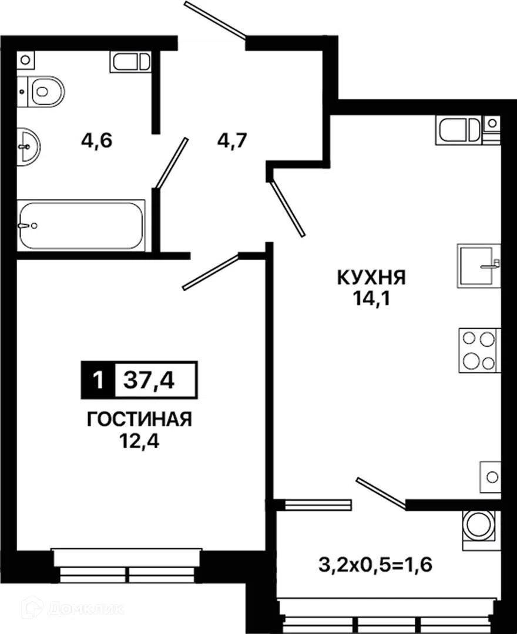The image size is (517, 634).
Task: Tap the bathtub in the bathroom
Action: [81, 225]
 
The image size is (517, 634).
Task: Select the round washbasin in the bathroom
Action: [28, 146]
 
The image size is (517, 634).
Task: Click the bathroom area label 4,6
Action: [97, 141]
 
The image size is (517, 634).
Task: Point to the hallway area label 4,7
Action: [232, 141]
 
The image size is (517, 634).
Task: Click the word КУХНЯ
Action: [371, 278]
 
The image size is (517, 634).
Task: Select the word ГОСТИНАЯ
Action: [140, 420]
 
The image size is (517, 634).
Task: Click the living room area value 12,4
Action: [140, 441]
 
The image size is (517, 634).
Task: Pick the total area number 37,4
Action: [149, 380]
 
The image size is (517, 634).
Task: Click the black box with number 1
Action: [98, 380]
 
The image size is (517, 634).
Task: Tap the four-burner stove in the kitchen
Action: [479, 350]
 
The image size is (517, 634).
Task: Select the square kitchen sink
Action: [479, 266]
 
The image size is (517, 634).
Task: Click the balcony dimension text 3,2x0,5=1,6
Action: [376, 565]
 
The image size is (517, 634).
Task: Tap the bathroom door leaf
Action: [172, 163]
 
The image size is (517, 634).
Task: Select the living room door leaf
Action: [211, 272]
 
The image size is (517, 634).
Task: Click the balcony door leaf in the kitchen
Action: [381, 491]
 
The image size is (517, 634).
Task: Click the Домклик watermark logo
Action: [73, 609]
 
